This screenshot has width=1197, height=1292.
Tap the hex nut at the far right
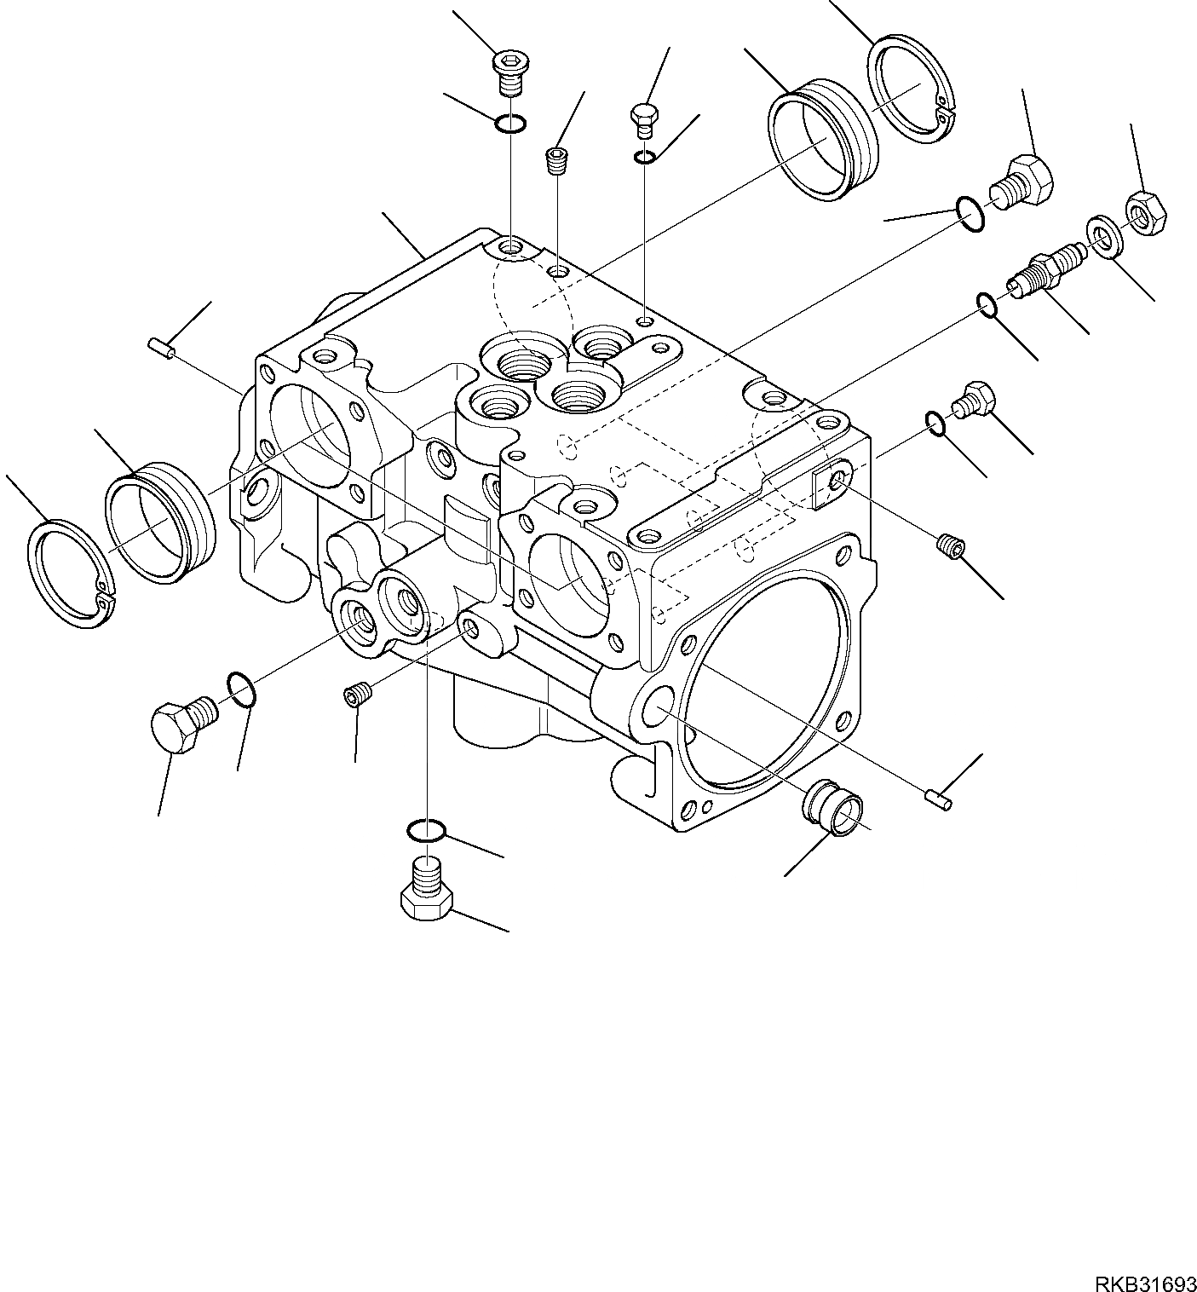[1146, 213]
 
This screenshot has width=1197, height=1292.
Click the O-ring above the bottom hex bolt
[425, 830]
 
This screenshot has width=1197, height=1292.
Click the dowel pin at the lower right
[939, 799]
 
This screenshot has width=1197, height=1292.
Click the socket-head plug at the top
[510, 72]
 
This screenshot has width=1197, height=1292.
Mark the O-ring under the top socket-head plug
[510, 123]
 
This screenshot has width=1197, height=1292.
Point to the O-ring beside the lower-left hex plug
[241, 689]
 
